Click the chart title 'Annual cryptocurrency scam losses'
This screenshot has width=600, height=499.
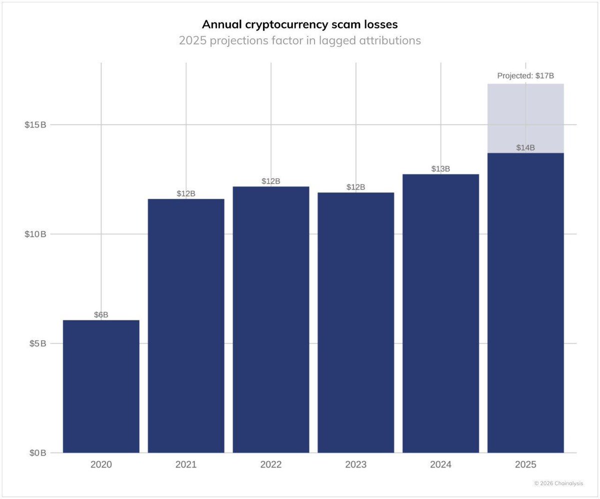(299, 24)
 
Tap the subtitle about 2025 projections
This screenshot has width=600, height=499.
(299, 40)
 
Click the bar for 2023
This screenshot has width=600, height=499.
(355, 322)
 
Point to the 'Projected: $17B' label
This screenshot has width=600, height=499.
(525, 76)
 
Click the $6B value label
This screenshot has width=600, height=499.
(101, 315)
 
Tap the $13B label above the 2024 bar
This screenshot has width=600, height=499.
(440, 169)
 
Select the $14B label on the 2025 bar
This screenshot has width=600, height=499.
(525, 148)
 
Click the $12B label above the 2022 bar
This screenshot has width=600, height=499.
(271, 181)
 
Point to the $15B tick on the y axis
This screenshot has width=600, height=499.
(35, 125)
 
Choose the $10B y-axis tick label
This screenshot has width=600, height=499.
(35, 234)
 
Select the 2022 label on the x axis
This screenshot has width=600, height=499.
(271, 465)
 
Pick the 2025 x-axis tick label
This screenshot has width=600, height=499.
(525, 465)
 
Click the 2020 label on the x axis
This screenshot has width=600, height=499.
(101, 465)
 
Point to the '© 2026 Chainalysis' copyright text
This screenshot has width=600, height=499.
(558, 484)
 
